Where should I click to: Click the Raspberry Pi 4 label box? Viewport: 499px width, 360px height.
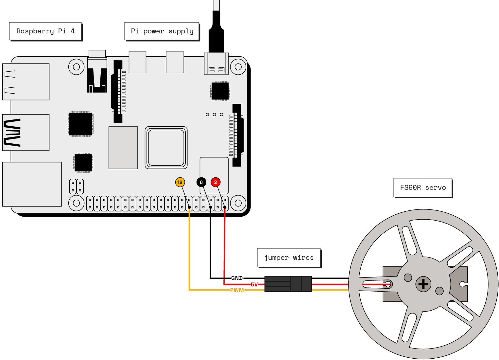click(x=45, y=31)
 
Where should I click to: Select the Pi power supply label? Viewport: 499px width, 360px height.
click(x=162, y=31)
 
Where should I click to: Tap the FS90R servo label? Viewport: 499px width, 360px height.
click(x=423, y=188)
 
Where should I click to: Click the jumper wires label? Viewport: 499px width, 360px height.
click(x=289, y=258)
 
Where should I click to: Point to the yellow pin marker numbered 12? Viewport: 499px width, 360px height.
click(x=180, y=182)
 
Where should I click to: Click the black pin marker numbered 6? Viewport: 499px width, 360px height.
click(x=201, y=182)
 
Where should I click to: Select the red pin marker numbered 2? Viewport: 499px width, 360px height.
click(x=215, y=182)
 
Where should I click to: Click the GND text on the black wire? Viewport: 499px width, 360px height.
click(x=237, y=278)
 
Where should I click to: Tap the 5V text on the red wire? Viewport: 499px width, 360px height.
click(x=254, y=284)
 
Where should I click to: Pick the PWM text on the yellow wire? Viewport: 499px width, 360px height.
click(x=237, y=290)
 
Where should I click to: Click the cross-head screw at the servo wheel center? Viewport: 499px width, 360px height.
click(x=423, y=284)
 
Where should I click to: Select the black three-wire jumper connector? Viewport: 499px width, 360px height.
click(x=288, y=284)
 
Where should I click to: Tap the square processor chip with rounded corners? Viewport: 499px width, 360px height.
click(x=166, y=148)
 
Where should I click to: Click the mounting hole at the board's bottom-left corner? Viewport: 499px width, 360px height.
click(x=76, y=203)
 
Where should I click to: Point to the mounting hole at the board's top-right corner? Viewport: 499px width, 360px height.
click(x=238, y=67)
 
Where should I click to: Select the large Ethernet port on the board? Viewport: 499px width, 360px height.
click(x=32, y=184)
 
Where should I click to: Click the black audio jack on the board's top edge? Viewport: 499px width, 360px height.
click(x=97, y=75)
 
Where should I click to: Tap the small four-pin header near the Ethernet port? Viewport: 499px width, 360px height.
click(x=76, y=187)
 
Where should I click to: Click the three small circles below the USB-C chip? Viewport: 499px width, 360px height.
click(x=214, y=115)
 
